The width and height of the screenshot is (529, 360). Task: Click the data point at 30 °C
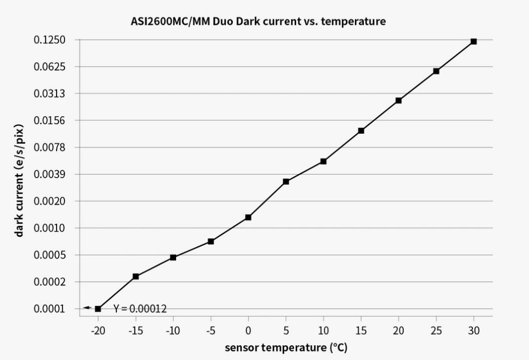[x=473, y=41]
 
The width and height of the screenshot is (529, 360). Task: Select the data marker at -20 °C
[x=98, y=309]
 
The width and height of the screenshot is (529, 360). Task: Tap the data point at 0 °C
[x=248, y=217]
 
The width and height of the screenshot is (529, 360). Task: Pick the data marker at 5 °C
[x=286, y=181]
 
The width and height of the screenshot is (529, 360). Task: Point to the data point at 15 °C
[x=361, y=131]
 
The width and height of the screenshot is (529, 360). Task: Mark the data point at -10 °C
[x=173, y=257]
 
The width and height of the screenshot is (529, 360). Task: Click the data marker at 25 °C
[x=436, y=71]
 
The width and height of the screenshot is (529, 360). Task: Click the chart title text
[x=259, y=22]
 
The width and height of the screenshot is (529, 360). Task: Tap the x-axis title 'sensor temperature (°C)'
[x=286, y=348]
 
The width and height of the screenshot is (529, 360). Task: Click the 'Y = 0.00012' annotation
[x=140, y=309]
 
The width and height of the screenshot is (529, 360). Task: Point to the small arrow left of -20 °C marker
[x=87, y=308]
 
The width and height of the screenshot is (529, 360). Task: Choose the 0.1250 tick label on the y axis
[x=49, y=40]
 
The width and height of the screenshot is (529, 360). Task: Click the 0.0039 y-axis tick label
[x=49, y=174]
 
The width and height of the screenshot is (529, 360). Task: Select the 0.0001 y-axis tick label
[x=49, y=309]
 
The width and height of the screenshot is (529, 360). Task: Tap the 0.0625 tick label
[x=49, y=67]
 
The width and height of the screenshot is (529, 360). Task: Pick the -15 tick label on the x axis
[x=135, y=330]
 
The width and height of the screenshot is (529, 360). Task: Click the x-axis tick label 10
[x=323, y=330]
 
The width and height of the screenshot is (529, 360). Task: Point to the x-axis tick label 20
[x=398, y=330]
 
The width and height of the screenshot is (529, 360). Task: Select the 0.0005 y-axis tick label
[x=49, y=255]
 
